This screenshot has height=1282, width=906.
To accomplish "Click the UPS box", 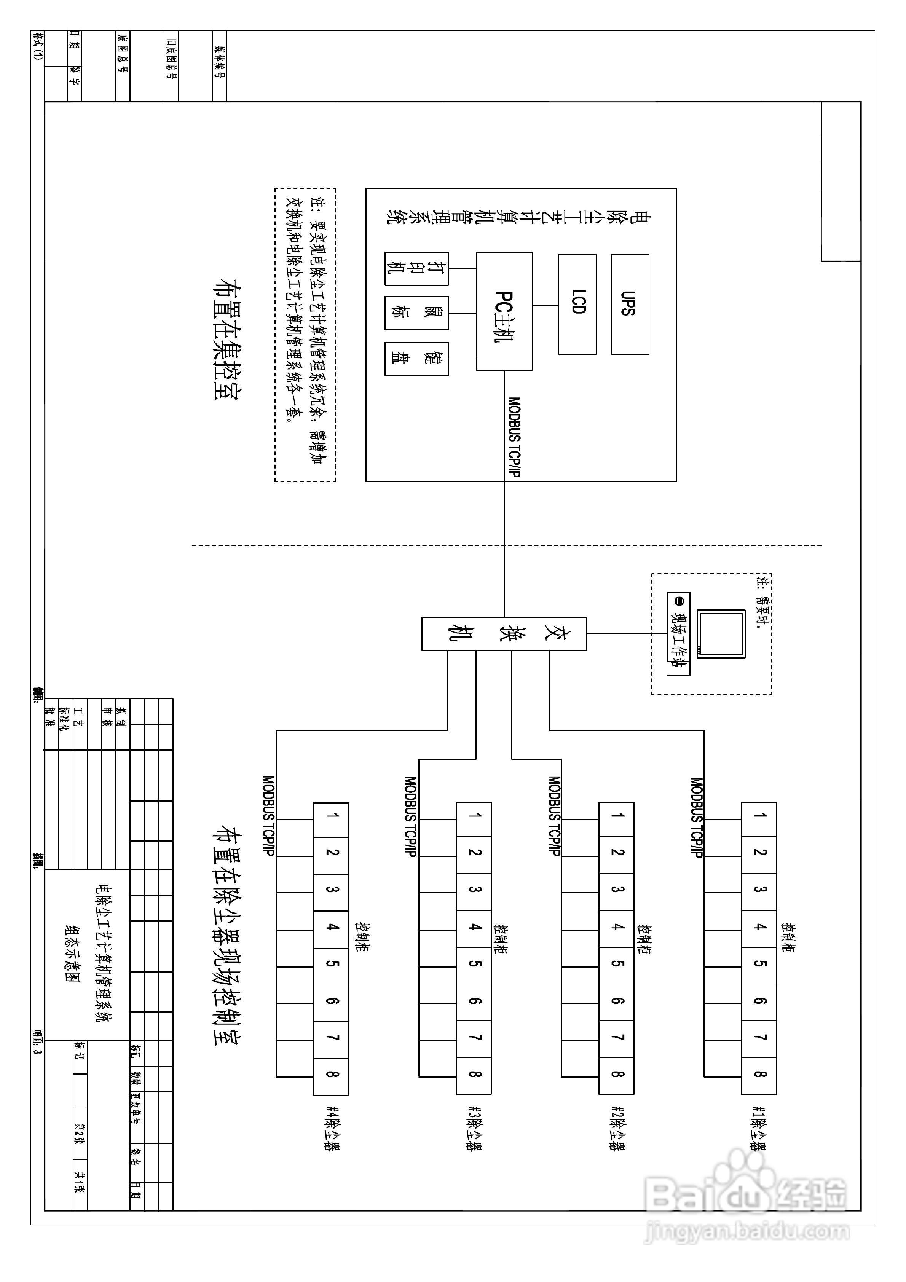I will (x=630, y=304).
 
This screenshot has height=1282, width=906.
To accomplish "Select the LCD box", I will (x=577, y=304).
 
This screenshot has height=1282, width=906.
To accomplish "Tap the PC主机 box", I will (x=504, y=311).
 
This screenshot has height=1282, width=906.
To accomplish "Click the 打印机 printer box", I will (x=416, y=269).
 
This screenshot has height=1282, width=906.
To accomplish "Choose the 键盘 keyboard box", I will (x=416, y=359).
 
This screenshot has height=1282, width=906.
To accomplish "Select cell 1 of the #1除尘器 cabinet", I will (x=759, y=819).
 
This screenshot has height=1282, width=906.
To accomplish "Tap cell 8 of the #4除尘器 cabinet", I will (x=331, y=1076).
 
